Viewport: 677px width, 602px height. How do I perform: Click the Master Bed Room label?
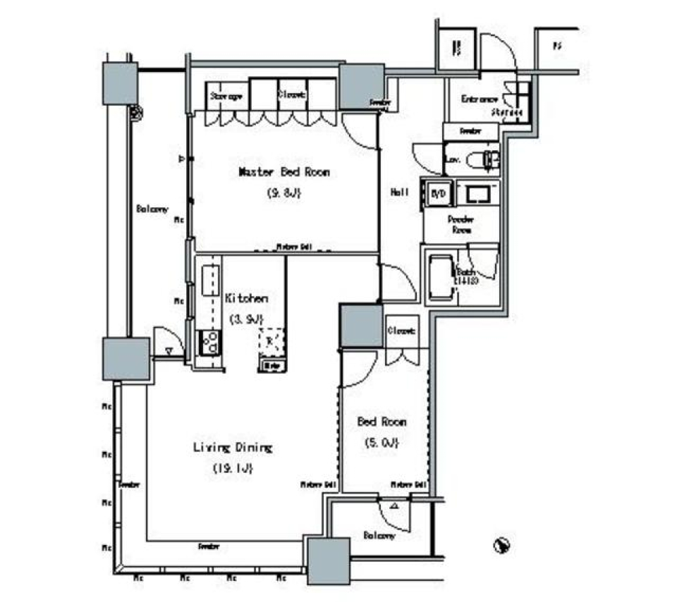[283, 171]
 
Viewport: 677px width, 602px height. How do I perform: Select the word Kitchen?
[246, 298]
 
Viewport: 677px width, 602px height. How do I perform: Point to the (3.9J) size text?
[246, 319]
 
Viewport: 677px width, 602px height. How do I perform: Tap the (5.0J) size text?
[382, 443]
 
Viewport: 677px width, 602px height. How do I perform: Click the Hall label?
[400, 192]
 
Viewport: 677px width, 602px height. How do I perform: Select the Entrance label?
[480, 99]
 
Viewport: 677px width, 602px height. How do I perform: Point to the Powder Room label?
[460, 224]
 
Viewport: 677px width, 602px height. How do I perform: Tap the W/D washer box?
[436, 194]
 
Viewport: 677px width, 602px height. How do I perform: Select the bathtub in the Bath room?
[441, 277]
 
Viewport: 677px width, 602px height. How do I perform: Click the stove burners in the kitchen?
[209, 343]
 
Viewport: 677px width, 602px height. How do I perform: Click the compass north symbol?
[501, 544]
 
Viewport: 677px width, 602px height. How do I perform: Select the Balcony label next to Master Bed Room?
[152, 209]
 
